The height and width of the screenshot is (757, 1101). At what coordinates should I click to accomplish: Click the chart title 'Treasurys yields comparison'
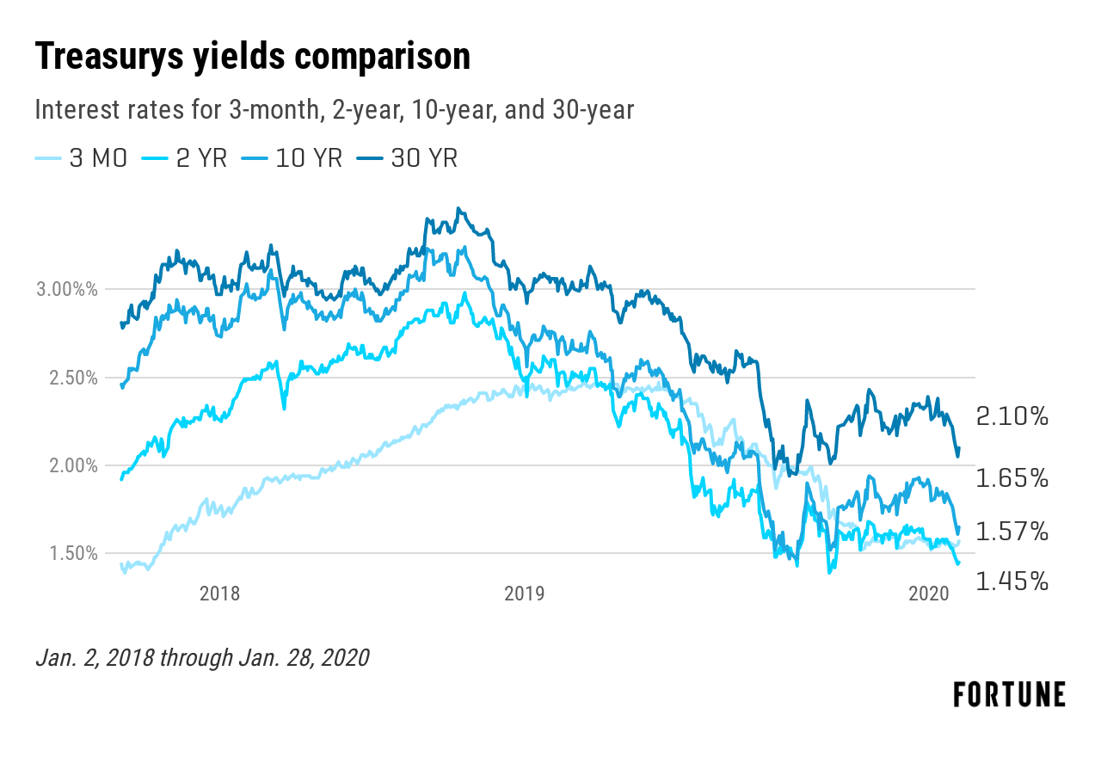pyautogui.click(x=253, y=58)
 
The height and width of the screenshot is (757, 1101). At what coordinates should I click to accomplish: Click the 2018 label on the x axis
pyautogui.click(x=219, y=594)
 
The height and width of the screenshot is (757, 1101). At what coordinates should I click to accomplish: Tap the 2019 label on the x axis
pyautogui.click(x=524, y=594)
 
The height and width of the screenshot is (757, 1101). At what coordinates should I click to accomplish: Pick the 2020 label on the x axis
pyautogui.click(x=929, y=594)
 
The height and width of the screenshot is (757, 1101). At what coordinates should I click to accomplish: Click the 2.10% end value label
pyautogui.click(x=1012, y=418)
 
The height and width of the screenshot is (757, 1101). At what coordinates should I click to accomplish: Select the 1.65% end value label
pyautogui.click(x=1012, y=478)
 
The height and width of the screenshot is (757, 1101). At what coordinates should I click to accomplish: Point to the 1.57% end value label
pyautogui.click(x=1012, y=532)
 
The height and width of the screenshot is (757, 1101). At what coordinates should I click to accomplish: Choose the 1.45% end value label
pyautogui.click(x=1012, y=582)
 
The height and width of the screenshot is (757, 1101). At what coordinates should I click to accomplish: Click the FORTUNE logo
pyautogui.click(x=1009, y=694)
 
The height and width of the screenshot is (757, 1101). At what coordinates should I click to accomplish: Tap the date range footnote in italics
pyautogui.click(x=202, y=658)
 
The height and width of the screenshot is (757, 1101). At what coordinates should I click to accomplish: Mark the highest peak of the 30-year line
pyautogui.click(x=458, y=208)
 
